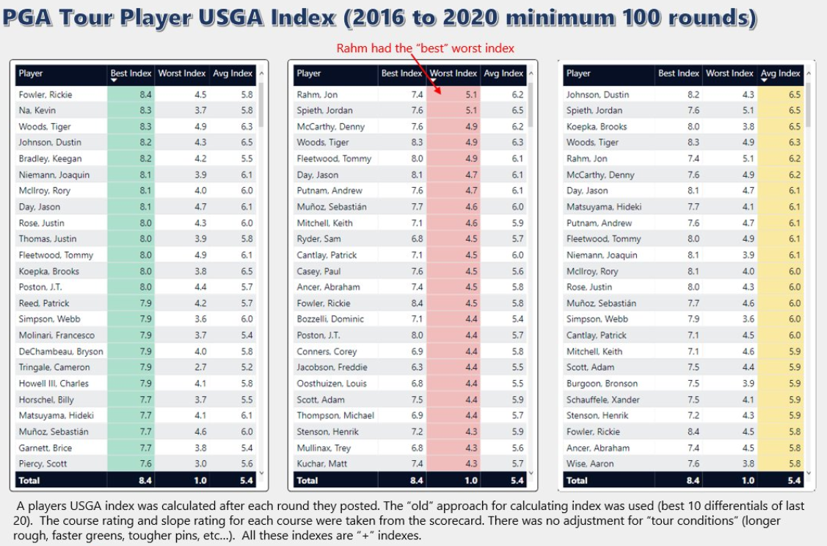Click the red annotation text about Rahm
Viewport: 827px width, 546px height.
[425, 48]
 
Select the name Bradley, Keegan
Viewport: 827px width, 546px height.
[50, 159]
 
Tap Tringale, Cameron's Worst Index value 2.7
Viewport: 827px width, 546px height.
[200, 367]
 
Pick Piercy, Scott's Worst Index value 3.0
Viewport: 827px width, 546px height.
[200, 464]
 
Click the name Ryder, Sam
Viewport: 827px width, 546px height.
[318, 239]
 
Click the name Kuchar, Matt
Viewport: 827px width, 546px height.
[321, 464]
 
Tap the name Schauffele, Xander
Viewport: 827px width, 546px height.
[603, 399]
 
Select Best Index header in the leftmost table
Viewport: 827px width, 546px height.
[131, 73]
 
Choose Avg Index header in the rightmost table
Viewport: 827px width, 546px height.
[780, 73]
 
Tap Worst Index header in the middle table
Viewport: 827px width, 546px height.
[453, 73]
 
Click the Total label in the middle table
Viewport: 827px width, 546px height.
[307, 481]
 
